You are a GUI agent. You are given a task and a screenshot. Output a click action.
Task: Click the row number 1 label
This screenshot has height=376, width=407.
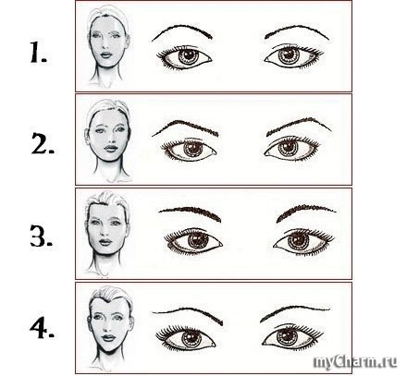pos(38,53)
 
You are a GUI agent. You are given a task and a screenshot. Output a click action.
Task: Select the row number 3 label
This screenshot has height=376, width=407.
pos(42,236)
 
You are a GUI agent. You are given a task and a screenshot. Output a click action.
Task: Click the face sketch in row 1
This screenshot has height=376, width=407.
pos(108,46)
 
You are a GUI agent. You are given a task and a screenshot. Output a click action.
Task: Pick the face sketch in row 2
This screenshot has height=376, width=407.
pos(108,140)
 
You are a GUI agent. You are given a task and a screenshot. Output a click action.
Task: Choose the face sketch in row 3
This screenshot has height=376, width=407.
pos(107,233)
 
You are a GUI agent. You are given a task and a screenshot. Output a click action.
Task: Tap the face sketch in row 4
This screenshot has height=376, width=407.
pos(110,326)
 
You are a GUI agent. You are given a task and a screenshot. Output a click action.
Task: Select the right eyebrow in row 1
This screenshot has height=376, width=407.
pos(296,29)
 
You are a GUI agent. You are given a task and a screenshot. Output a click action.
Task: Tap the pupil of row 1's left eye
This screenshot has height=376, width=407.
pos(187,55)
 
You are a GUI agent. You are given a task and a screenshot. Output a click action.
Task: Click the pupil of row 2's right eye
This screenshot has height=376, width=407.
pos(288,148)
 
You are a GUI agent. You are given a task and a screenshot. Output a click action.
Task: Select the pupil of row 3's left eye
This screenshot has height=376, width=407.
pos(196,239)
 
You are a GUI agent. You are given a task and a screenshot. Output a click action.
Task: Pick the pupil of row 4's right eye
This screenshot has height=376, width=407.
pos(287,336)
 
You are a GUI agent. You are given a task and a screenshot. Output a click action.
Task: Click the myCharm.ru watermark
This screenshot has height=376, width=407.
pos(355,362)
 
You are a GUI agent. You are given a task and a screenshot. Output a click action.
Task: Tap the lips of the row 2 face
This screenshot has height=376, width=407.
pos(111,148)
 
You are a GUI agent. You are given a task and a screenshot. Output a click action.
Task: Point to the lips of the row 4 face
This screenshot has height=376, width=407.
pos(108,338)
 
